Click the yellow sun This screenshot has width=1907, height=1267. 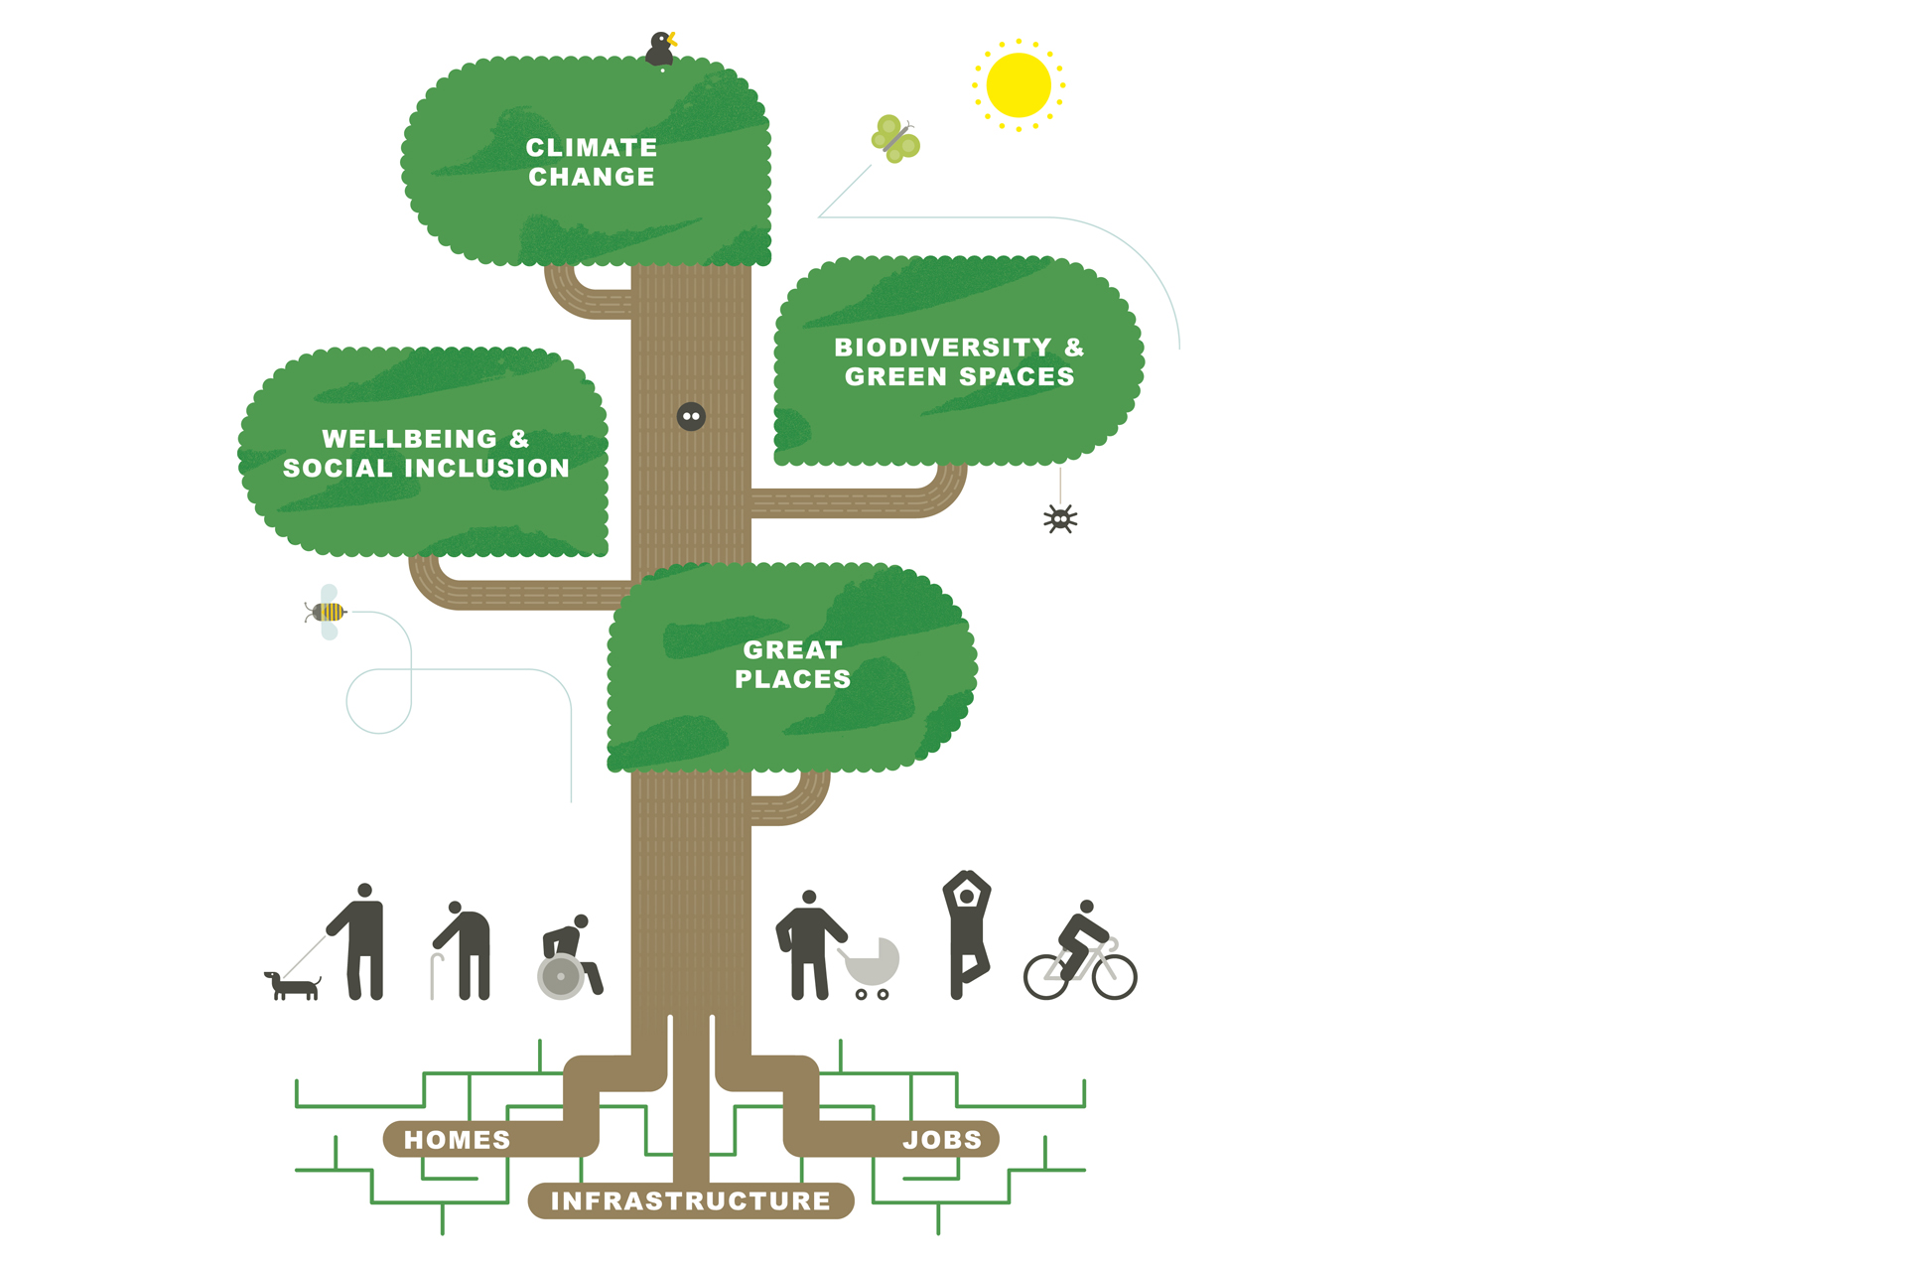(x=1019, y=85)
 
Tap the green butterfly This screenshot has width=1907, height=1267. (x=895, y=139)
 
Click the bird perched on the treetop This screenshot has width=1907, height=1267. (x=659, y=50)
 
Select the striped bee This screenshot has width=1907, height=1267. (x=328, y=612)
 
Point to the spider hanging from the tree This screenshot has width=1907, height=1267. (x=1060, y=518)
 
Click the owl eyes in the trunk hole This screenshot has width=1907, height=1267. (x=691, y=417)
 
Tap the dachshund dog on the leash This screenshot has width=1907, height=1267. (x=293, y=986)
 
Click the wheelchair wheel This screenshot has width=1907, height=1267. (x=561, y=976)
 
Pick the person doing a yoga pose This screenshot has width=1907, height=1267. (x=966, y=933)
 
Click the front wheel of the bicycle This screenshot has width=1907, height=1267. (x=1114, y=976)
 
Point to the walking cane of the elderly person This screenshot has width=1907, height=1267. (x=434, y=975)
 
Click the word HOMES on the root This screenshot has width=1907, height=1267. (x=457, y=1140)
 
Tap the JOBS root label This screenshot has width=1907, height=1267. (x=942, y=1140)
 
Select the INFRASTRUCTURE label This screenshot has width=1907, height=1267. (x=691, y=1201)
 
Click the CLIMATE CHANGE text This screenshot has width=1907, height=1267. (x=592, y=162)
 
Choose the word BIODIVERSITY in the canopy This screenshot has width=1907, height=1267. (x=942, y=348)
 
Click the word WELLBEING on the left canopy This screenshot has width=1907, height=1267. (x=409, y=439)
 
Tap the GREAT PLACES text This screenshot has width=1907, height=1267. (x=792, y=664)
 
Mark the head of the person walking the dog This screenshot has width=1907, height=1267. (x=364, y=891)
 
